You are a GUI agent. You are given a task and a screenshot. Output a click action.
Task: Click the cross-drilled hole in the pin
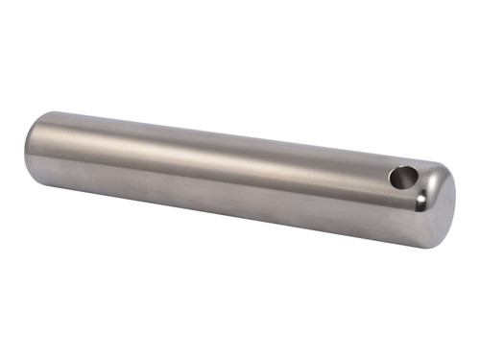(404, 178)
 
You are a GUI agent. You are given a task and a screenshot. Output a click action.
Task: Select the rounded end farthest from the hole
(34, 149)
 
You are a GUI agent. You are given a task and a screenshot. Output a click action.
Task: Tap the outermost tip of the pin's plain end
(25, 149)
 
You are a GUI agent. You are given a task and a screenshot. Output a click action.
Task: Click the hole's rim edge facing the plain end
(390, 177)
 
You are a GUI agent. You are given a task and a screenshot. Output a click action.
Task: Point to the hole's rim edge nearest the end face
(419, 179)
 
